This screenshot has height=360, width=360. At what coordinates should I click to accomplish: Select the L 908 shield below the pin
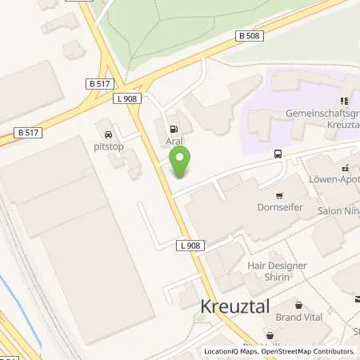pyautogui.click(x=189, y=246)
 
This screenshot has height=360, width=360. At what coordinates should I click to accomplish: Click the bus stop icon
pyautogui.click(x=278, y=154)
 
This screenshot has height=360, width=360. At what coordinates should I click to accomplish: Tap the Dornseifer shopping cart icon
pyautogui.click(x=279, y=196)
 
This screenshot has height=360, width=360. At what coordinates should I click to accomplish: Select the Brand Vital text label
pyautogui.click(x=298, y=317)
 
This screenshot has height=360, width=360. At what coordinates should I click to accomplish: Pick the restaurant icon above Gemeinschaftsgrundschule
pyautogui.click(x=345, y=102)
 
